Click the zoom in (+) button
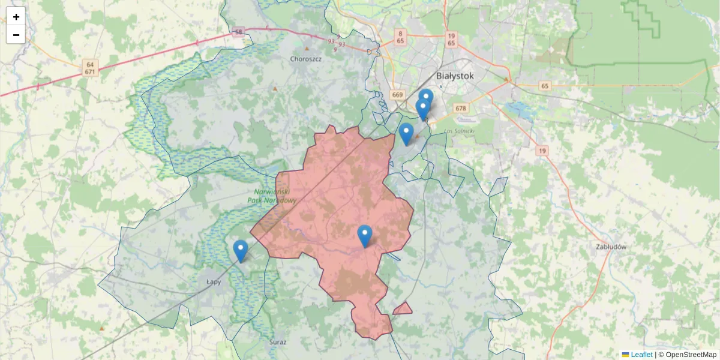16,17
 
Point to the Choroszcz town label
306,59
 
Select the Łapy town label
213,281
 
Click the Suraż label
278,342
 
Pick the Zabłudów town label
611,247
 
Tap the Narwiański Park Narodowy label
272,196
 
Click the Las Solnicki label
460,131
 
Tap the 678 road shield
461,109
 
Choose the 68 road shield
239,32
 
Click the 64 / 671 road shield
90,68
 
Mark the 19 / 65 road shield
451,40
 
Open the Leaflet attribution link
641,355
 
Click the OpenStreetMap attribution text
688,355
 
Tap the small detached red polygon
403,309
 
